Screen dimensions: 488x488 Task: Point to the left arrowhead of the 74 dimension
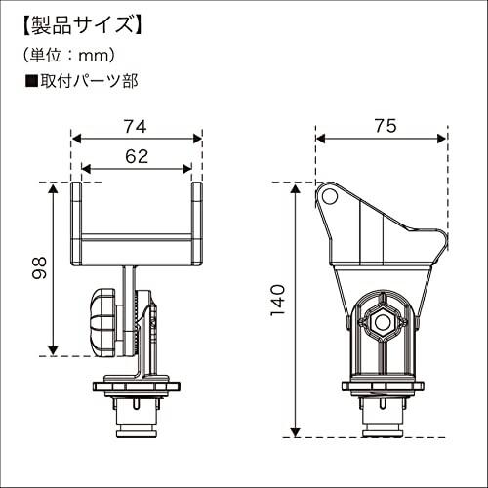click(x=75, y=138)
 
